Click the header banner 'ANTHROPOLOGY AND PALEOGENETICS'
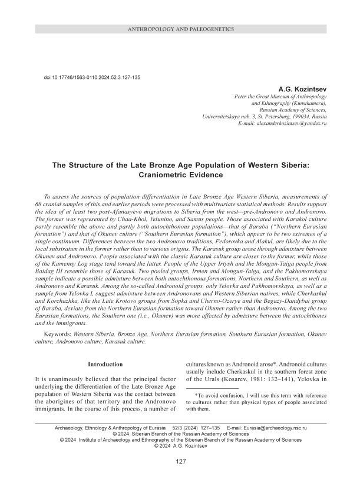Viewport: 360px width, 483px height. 180,29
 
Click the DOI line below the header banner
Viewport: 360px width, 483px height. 92,78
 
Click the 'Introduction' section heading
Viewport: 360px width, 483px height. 105,365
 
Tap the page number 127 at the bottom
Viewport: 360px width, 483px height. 180,461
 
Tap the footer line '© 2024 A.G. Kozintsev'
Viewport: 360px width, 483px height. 180,446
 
